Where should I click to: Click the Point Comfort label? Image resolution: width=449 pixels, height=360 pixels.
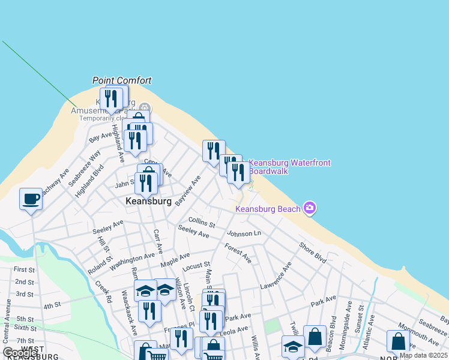tap(122, 80)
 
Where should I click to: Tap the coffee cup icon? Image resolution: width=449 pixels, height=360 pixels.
tap(31, 199)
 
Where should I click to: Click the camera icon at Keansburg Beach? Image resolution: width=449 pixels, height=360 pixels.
tap(310, 208)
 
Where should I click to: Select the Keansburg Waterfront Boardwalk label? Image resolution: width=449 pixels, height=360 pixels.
tap(289, 167)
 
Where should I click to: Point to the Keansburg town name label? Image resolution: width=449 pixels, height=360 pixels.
tap(149, 202)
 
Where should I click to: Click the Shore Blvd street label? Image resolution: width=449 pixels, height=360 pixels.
tap(313, 252)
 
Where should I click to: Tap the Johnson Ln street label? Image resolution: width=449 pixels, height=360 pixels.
tap(245, 233)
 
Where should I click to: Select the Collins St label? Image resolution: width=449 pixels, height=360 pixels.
tap(202, 222)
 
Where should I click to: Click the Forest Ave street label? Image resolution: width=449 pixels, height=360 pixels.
tap(238, 253)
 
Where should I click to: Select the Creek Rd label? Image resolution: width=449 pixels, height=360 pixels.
tap(103, 292)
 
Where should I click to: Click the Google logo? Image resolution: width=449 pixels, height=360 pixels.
tap(20, 353)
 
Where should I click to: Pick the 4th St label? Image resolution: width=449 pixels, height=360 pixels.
tap(52, 305)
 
